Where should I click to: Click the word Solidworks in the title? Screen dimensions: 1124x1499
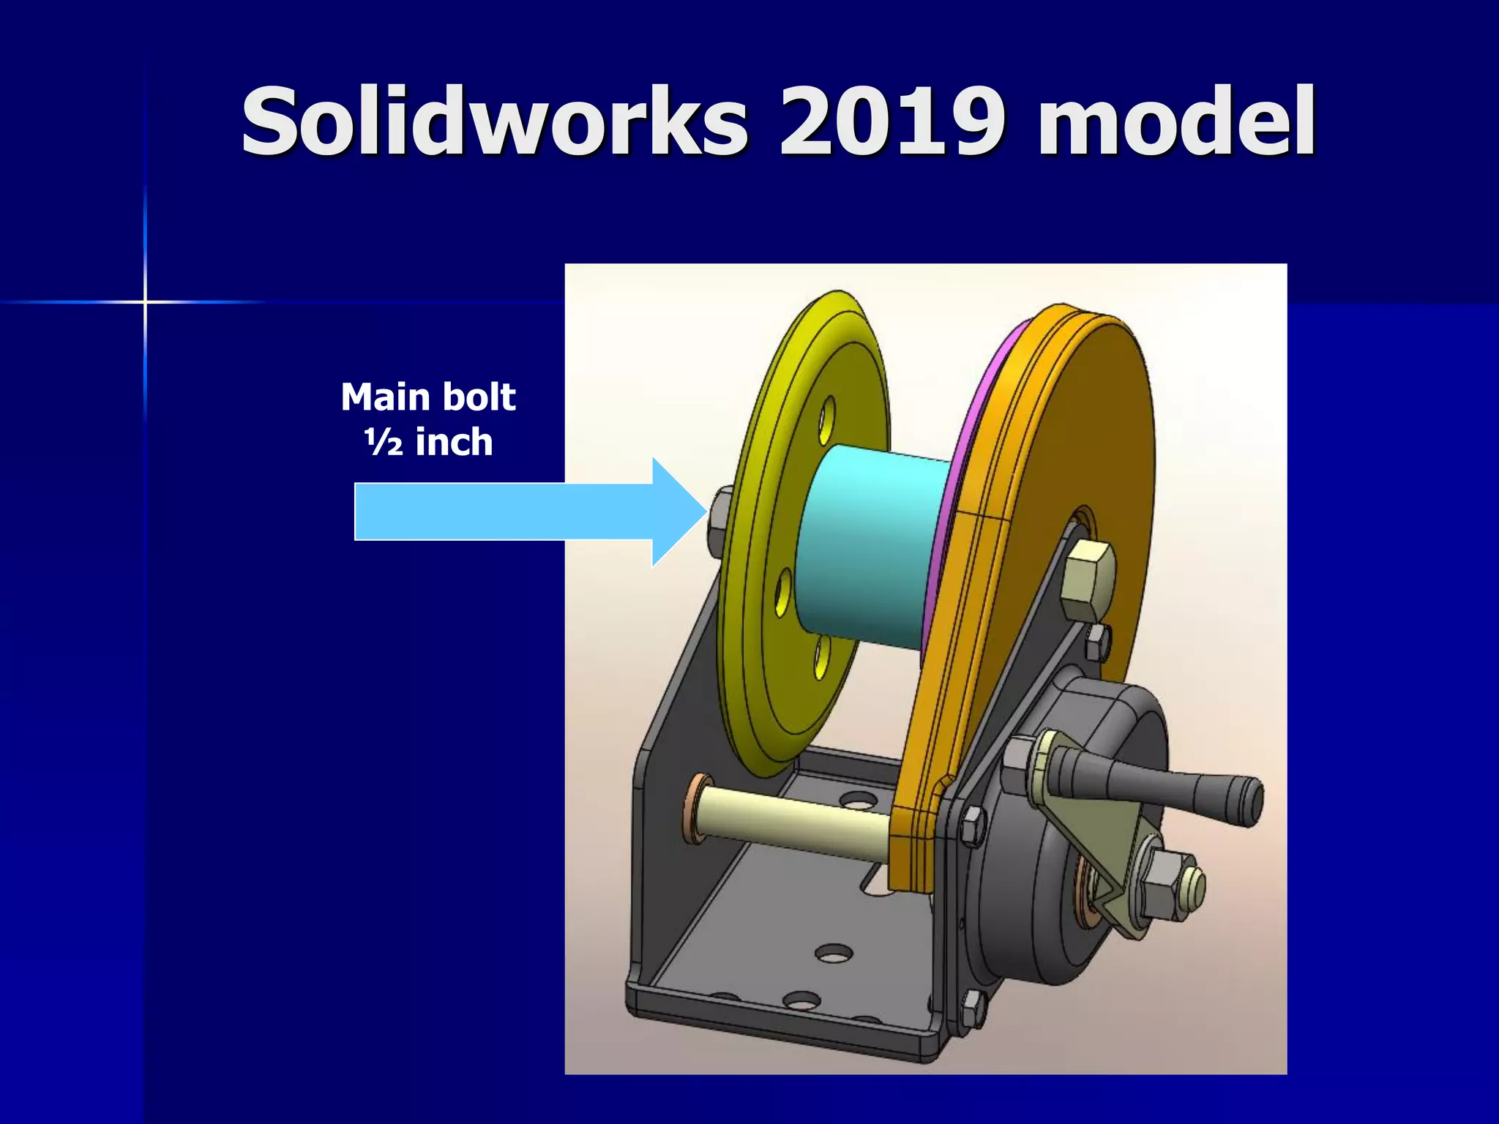pyautogui.click(x=495, y=121)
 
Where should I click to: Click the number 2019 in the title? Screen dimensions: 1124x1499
pyautogui.click(x=889, y=121)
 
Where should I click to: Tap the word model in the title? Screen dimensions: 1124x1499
pyautogui.click(x=1175, y=121)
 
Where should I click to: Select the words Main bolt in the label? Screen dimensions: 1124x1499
pyautogui.click(x=428, y=397)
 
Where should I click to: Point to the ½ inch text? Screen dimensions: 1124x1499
pyautogui.click(x=428, y=443)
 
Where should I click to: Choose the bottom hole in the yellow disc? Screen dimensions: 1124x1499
pyautogui.click(x=822, y=656)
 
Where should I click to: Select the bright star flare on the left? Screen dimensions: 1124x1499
pyautogui.click(x=145, y=301)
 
